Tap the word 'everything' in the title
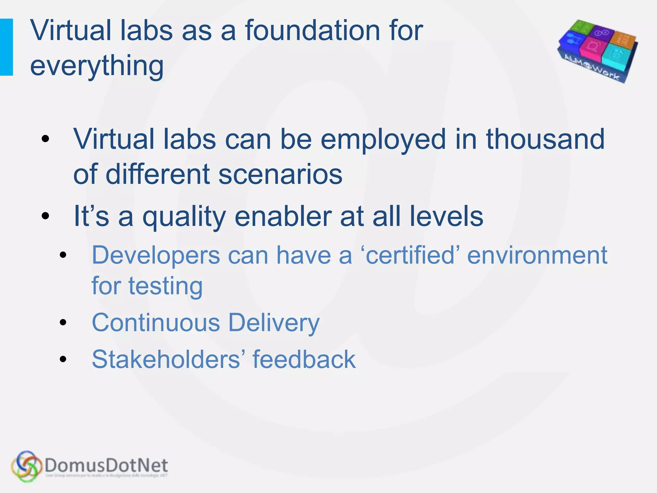pos(97,66)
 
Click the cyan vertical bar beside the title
pos(6,47)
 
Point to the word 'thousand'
pos(545,139)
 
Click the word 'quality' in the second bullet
pos(184,217)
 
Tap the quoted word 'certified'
pos(410,255)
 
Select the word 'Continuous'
pos(156,323)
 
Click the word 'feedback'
pos(304,359)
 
